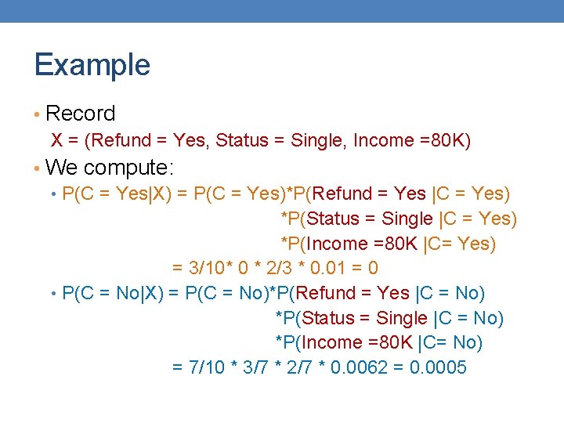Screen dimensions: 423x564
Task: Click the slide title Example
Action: click(92, 65)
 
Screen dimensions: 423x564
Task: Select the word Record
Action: click(80, 114)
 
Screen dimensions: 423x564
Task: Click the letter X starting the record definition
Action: click(57, 141)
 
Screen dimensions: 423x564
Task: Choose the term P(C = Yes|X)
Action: click(113, 193)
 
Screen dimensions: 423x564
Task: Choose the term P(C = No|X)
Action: click(110, 294)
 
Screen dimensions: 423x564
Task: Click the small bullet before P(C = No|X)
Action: click(52, 294)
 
